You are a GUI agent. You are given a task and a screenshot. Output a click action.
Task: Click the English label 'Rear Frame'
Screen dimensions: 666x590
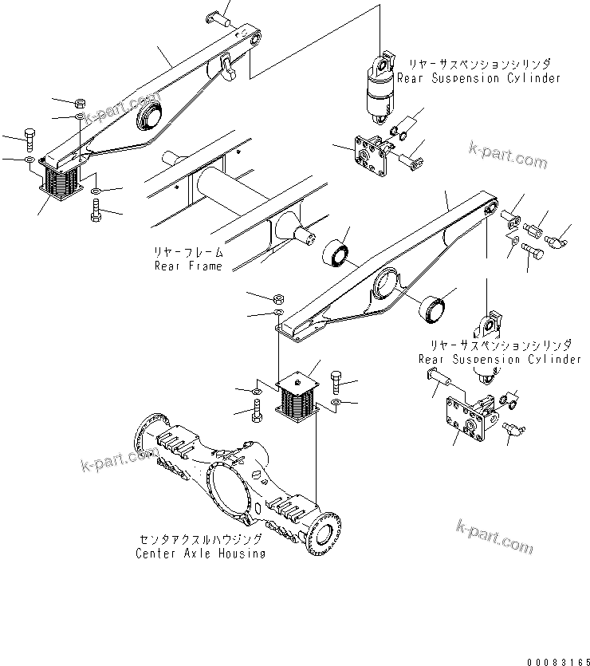188,266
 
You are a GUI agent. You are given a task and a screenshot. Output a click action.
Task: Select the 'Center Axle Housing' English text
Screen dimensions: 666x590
200,553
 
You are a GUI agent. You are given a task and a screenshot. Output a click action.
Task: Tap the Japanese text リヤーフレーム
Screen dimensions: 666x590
188,252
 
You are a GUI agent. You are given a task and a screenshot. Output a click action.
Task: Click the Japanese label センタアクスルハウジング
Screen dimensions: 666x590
200,540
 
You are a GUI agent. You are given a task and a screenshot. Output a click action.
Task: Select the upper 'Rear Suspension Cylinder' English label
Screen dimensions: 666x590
478,78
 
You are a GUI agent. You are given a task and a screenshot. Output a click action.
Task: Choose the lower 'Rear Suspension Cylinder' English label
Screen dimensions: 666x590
500,359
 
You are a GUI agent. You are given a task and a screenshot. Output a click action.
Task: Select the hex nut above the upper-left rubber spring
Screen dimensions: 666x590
81,103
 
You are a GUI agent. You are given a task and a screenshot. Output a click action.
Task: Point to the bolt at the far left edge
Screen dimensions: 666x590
29,139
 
